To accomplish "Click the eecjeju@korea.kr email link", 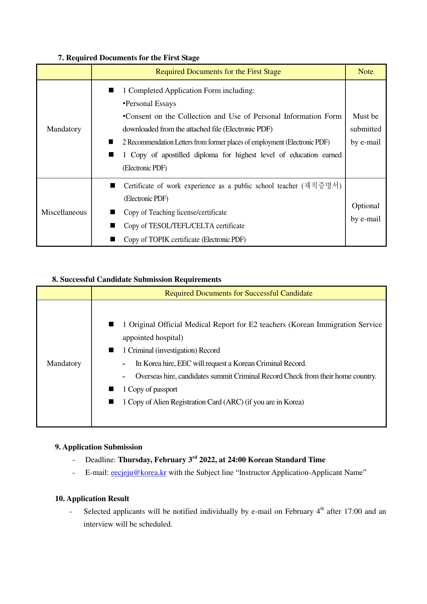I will (x=138, y=473).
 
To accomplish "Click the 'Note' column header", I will (x=365, y=72).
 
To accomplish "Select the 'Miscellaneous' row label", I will (x=64, y=212).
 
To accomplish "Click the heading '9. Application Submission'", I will (x=98, y=447).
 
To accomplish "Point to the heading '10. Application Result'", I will (x=92, y=499).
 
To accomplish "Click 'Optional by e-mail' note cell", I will (x=365, y=212).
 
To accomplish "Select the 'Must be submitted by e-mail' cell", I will (x=365, y=129).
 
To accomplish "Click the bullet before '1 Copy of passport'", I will (x=111, y=389).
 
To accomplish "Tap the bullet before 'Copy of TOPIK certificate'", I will (x=113, y=239).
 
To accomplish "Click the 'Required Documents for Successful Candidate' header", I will (x=238, y=293).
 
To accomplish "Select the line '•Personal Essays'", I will (x=149, y=104).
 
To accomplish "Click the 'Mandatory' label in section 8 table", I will (x=64, y=363).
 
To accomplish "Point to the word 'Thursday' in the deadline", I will (x=134, y=460).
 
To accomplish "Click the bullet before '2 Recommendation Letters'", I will (x=111, y=142).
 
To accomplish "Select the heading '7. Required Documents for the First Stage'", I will (x=129, y=58).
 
